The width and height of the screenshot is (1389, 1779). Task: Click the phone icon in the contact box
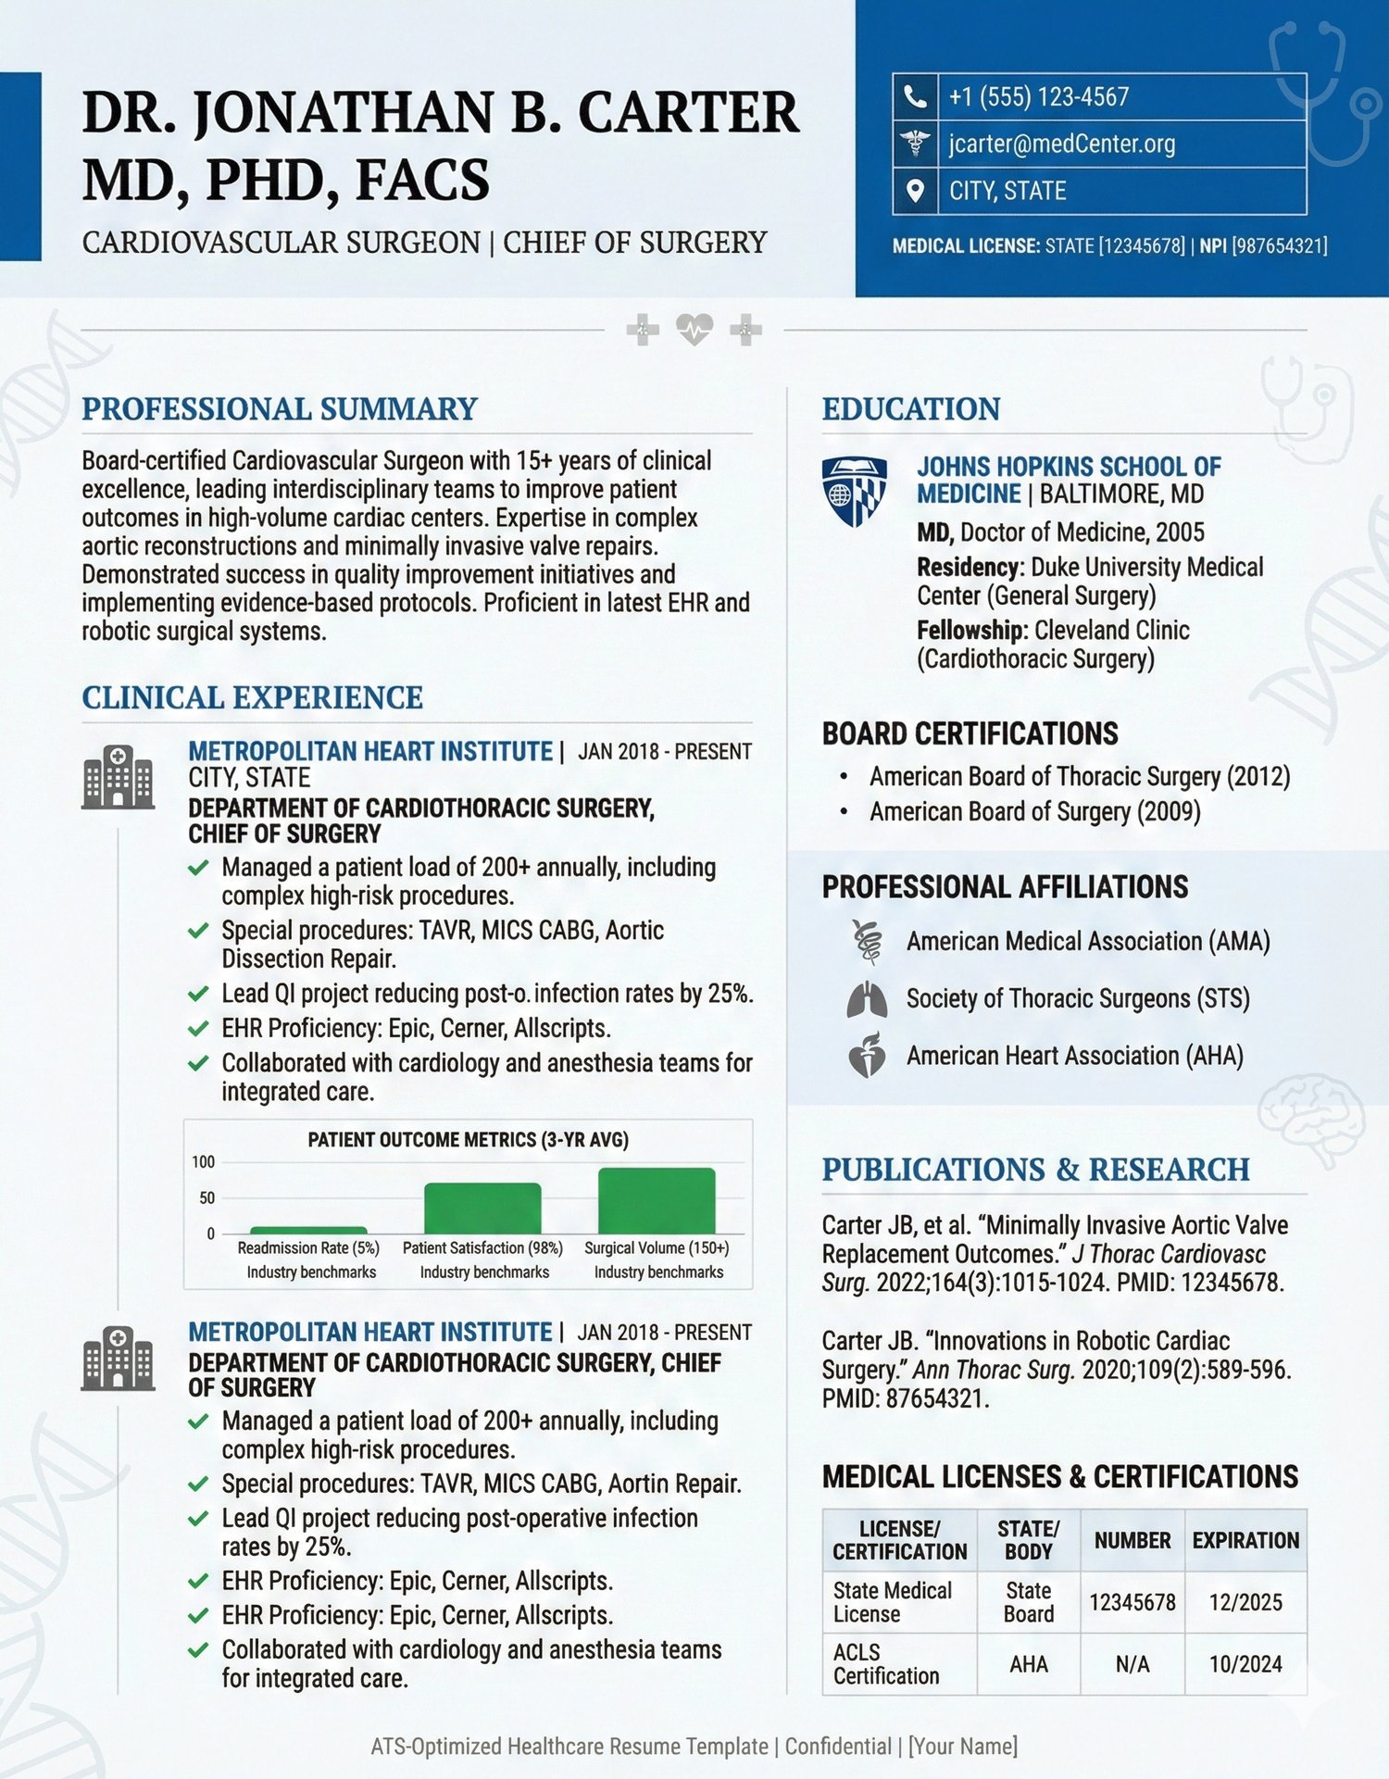coord(915,96)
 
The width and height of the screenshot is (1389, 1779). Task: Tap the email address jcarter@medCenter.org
coord(1062,144)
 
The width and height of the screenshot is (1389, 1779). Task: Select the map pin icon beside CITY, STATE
coord(915,191)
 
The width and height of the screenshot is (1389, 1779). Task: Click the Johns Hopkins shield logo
coord(854,491)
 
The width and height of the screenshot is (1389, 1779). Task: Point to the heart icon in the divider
coord(694,329)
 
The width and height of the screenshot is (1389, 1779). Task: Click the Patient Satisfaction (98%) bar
coord(482,1208)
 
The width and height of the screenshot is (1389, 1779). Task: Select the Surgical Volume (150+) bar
coord(657,1200)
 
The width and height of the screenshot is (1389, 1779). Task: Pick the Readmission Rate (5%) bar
coord(308,1230)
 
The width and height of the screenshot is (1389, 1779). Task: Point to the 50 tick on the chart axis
coord(206,1197)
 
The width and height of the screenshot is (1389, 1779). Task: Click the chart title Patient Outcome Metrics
coord(468,1139)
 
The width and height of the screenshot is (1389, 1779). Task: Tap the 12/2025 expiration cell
coord(1245,1602)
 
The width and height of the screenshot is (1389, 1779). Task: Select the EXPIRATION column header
coord(1245,1540)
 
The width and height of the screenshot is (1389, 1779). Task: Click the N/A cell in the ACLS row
coord(1132,1664)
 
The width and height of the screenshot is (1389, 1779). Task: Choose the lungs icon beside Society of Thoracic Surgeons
coord(867,999)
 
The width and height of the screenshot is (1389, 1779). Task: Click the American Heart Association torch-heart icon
coord(867,1056)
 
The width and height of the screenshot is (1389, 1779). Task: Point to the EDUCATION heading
coord(911,409)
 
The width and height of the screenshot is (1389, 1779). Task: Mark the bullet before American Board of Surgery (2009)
coord(844,812)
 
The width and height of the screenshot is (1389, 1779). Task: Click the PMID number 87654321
coord(936,1398)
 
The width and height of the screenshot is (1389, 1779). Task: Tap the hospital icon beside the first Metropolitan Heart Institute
coord(118,777)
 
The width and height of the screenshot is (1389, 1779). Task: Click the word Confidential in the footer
coord(838,1747)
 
